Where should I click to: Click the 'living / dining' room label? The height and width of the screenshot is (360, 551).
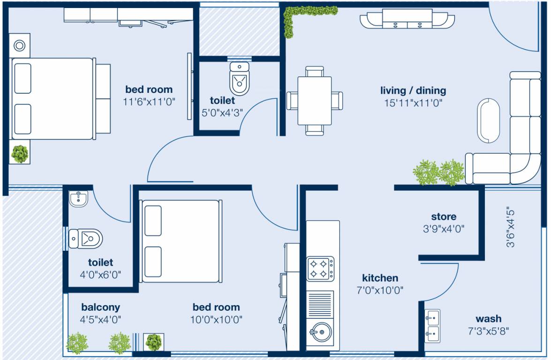tap(413, 90)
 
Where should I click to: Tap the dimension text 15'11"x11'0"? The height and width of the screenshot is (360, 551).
tap(413, 103)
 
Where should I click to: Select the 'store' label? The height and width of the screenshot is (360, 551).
tap(443, 217)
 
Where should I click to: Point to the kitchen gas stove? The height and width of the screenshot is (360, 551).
tap(321, 269)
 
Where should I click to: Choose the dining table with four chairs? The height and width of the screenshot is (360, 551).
tap(314, 100)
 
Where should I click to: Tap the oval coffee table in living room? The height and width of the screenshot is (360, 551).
tap(489, 120)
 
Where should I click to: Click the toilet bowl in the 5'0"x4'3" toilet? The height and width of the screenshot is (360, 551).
tap(240, 78)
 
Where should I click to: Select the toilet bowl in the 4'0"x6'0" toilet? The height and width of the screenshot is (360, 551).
tap(86, 239)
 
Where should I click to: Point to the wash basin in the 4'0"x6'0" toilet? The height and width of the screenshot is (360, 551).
tap(78, 199)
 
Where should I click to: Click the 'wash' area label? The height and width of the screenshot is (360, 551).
tap(488, 319)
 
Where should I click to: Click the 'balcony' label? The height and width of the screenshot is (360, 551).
tap(100, 307)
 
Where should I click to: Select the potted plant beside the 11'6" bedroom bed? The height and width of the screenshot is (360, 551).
tap(20, 154)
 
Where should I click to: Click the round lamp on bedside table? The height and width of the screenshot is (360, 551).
tap(19, 45)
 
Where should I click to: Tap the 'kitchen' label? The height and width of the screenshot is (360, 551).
tap(380, 278)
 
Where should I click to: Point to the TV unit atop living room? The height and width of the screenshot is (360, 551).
tap(407, 20)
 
